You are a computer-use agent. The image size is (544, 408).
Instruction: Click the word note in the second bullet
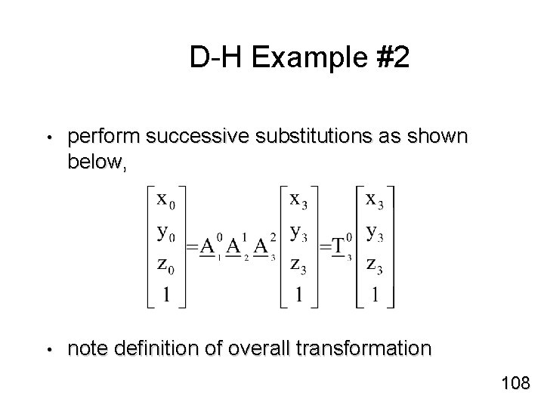tap(86, 349)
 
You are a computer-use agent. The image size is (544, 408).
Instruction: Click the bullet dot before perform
tap(47, 140)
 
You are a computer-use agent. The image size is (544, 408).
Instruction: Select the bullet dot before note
tap(47, 351)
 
